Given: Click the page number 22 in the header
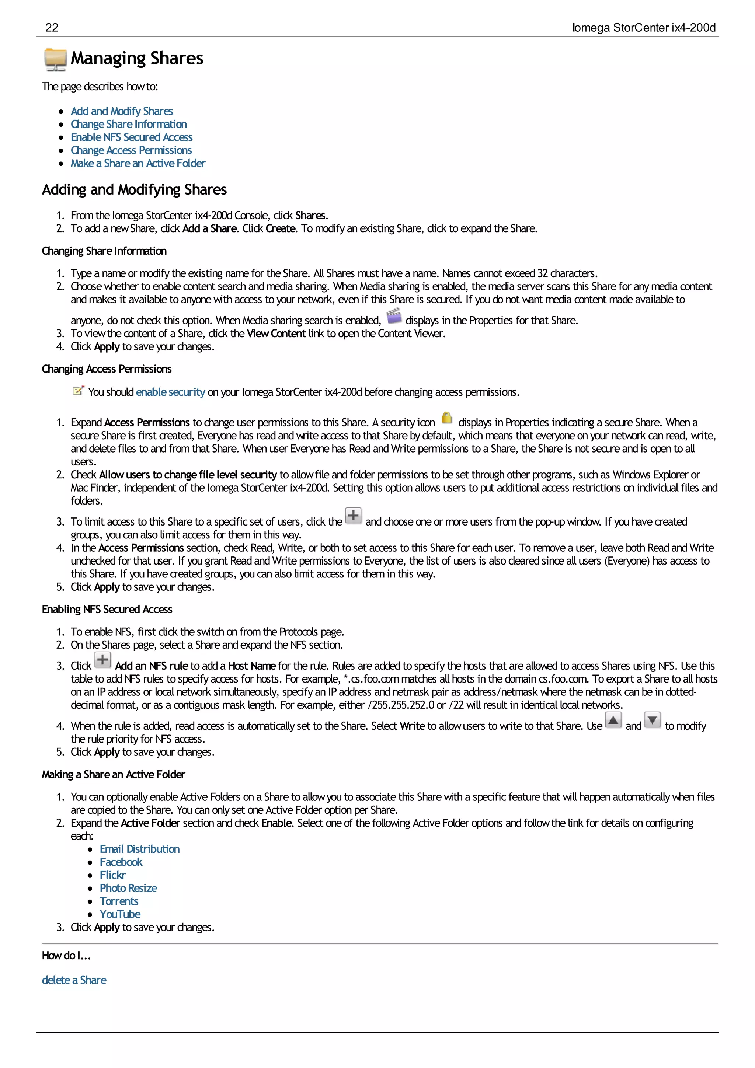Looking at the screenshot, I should pyautogui.click(x=52, y=27).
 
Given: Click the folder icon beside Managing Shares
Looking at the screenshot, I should pyautogui.click(x=55, y=59).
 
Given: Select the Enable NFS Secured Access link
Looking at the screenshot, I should pyautogui.click(x=131, y=137).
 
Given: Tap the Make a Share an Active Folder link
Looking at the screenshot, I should pyautogui.click(x=138, y=163).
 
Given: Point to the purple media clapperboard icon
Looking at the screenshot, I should pyautogui.click(x=394, y=316).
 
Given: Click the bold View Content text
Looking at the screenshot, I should pyautogui.click(x=276, y=334).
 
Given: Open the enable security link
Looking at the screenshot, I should pyautogui.click(x=170, y=392).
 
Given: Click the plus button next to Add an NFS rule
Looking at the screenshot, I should pyautogui.click(x=103, y=660).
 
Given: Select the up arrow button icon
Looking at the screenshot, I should pyautogui.click(x=613, y=720).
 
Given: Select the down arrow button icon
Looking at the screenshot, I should pyautogui.click(x=652, y=720).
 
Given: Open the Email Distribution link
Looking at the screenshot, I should pyautogui.click(x=140, y=849).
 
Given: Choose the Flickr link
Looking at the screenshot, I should pyautogui.click(x=112, y=875).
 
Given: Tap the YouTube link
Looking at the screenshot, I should pyautogui.click(x=120, y=914).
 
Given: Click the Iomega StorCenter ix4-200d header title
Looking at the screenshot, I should pyautogui.click(x=643, y=28).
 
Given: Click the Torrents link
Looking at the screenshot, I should pyautogui.click(x=119, y=901).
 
